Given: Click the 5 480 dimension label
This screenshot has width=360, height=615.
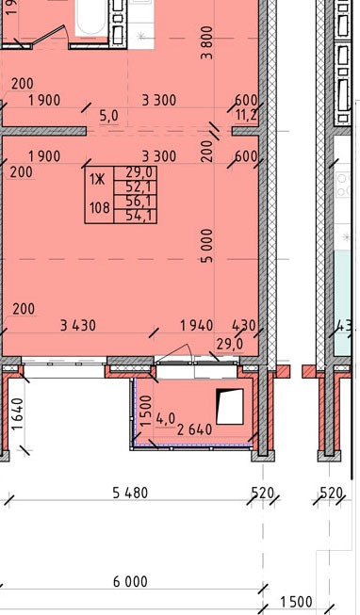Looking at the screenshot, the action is click(130, 493).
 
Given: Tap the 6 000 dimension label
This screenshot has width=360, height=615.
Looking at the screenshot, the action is click(130, 581).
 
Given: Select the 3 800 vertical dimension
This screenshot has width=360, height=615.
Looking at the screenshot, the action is click(206, 42).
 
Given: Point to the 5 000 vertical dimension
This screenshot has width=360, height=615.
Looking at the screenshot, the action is click(206, 246).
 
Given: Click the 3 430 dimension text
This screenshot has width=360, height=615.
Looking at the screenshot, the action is click(77, 325).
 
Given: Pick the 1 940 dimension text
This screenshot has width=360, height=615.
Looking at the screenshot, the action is click(196, 325).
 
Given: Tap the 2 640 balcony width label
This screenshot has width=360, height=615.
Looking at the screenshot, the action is click(195, 429).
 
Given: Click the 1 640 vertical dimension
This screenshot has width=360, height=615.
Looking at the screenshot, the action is click(19, 414).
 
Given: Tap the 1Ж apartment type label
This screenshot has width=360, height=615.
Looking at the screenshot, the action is click(97, 180).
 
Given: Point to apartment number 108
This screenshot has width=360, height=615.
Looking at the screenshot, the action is click(100, 207).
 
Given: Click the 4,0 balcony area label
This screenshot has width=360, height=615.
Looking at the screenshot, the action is click(166, 419).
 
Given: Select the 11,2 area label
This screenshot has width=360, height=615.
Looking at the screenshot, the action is click(246, 115).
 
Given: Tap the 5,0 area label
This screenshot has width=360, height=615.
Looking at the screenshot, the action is click(108, 116).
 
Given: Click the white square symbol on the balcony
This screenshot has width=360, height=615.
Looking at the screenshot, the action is click(230, 406).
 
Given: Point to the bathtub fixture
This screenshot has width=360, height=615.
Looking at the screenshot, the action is click(91, 18).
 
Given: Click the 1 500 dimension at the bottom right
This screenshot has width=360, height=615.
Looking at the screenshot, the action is click(297, 602).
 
